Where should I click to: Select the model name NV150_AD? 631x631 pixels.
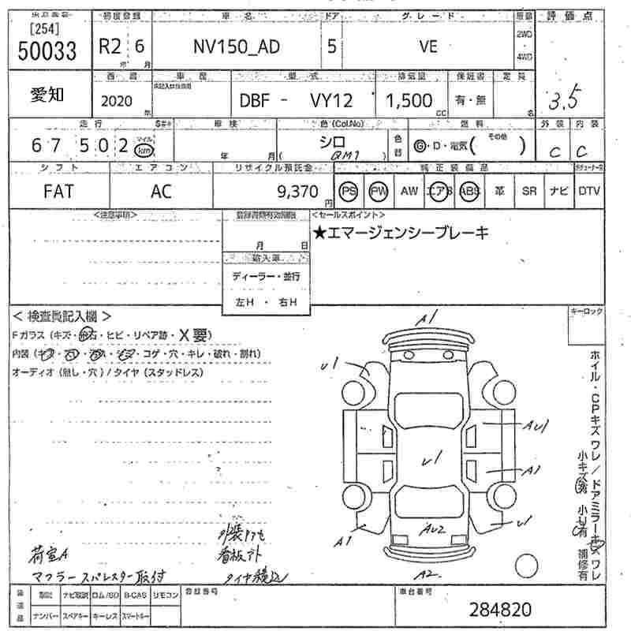pos(237,47)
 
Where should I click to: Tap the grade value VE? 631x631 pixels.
pos(428,47)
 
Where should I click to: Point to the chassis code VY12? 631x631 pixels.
pos(330,101)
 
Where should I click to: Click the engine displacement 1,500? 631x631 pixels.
pos(408,101)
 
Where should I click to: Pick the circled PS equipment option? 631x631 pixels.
pos(348,191)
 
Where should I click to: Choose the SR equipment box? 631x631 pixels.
pos(529,191)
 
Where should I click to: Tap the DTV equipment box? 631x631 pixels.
pos(588,191)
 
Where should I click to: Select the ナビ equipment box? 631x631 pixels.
pos(558,191)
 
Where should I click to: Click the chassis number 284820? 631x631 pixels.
pos(502,609)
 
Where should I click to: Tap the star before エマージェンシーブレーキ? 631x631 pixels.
pos(319,232)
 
